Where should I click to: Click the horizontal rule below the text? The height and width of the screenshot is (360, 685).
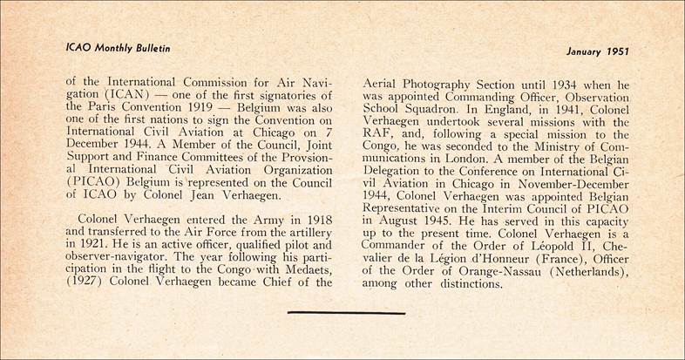(346, 311)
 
